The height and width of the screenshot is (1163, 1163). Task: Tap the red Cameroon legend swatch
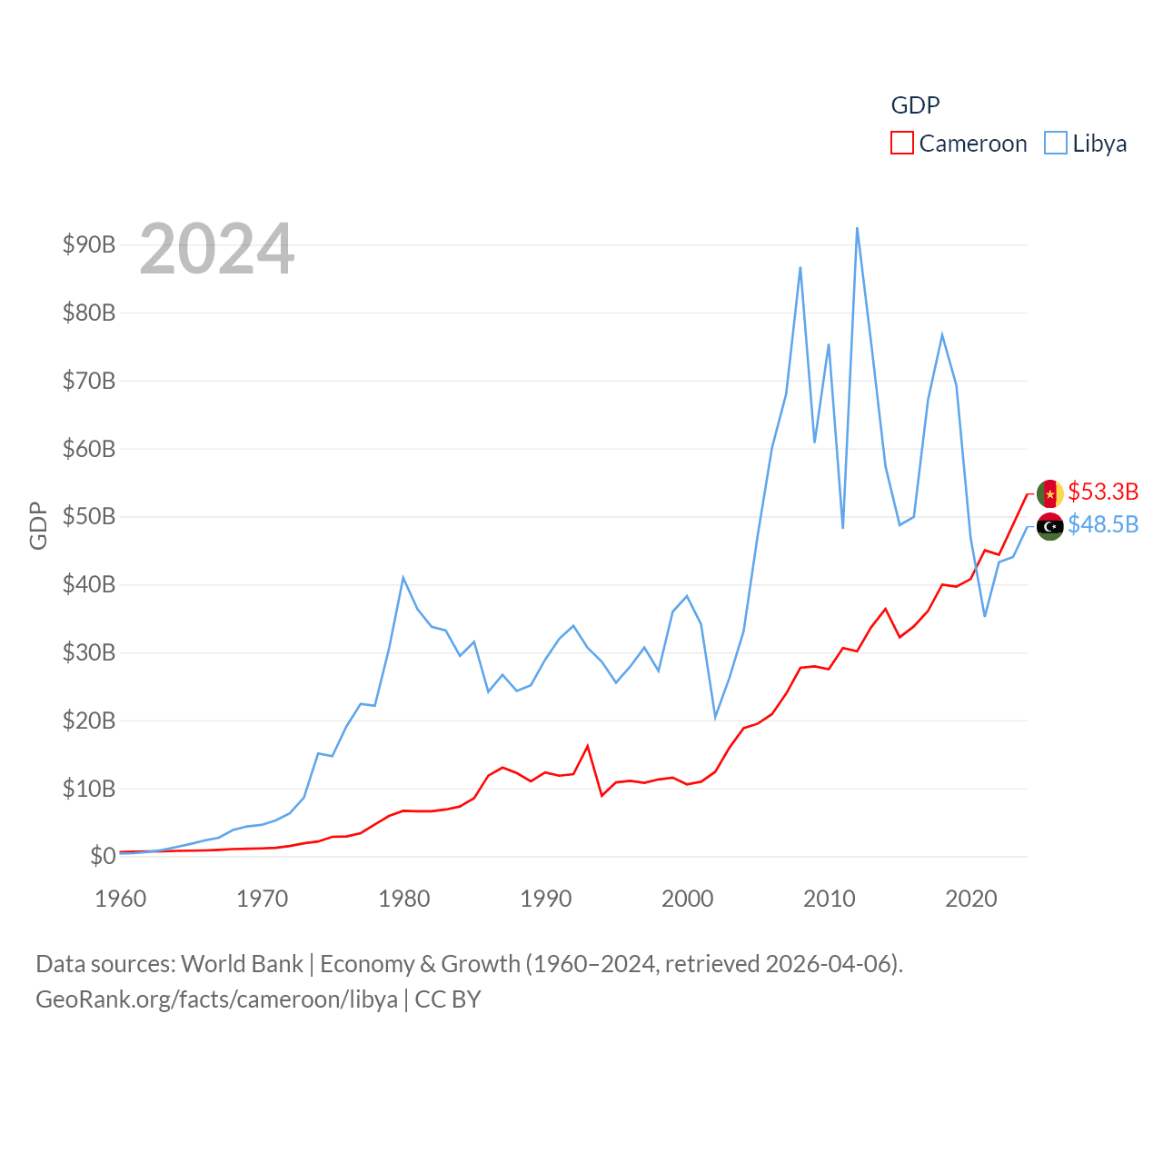[901, 144]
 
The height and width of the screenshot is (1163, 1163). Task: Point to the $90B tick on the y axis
[89, 244]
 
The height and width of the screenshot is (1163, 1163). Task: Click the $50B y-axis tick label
[89, 516]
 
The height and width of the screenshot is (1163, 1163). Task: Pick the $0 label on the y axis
[103, 856]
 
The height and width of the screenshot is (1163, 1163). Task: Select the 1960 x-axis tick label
[121, 899]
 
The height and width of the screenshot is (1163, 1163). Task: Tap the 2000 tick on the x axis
[687, 899]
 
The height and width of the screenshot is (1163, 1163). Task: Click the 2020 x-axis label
[970, 899]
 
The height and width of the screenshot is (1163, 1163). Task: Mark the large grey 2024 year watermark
[216, 249]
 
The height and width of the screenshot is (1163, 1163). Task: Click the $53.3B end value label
[1103, 492]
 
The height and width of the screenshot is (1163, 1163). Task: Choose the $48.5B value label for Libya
[1103, 524]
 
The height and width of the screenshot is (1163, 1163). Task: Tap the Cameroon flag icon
[1050, 493]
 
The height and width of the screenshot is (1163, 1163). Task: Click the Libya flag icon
[1050, 526]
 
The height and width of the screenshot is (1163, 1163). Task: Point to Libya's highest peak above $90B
[857, 228]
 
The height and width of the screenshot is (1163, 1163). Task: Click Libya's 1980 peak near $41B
[403, 578]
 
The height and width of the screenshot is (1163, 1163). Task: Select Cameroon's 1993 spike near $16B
[588, 746]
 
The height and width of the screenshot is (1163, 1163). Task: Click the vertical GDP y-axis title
[38, 525]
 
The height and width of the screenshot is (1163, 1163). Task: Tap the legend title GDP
[915, 105]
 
